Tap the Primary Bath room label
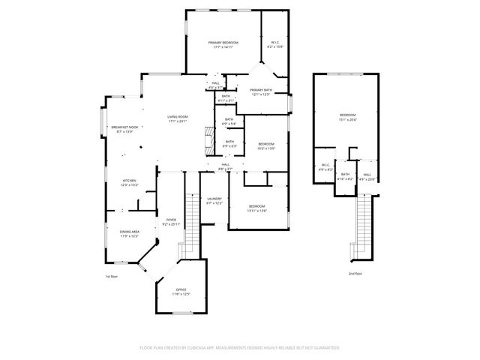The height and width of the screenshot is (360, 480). pyautogui.click(x=261, y=89)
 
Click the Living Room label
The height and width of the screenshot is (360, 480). pyautogui.click(x=177, y=117)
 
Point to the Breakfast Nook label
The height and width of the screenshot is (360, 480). pyautogui.click(x=124, y=127)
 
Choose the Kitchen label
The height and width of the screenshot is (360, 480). pyautogui.click(x=130, y=181)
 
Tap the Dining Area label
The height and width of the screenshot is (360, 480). pyautogui.click(x=130, y=232)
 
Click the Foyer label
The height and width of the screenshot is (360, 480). pyautogui.click(x=170, y=220)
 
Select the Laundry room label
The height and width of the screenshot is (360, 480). pyautogui.click(x=214, y=199)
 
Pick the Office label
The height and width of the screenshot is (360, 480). pyautogui.click(x=181, y=289)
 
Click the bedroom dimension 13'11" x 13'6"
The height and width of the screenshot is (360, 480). pyautogui.click(x=256, y=210)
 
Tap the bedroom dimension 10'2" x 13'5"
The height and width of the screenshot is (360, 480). pyautogui.click(x=267, y=148)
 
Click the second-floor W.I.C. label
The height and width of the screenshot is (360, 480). pyautogui.click(x=325, y=165)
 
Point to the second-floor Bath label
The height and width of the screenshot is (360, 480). pyautogui.click(x=345, y=174)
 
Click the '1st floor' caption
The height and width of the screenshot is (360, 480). pyautogui.click(x=112, y=277)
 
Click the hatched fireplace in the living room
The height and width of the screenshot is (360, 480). pyautogui.click(x=209, y=139)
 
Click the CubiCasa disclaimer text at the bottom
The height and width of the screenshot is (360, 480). pyautogui.click(x=239, y=347)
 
